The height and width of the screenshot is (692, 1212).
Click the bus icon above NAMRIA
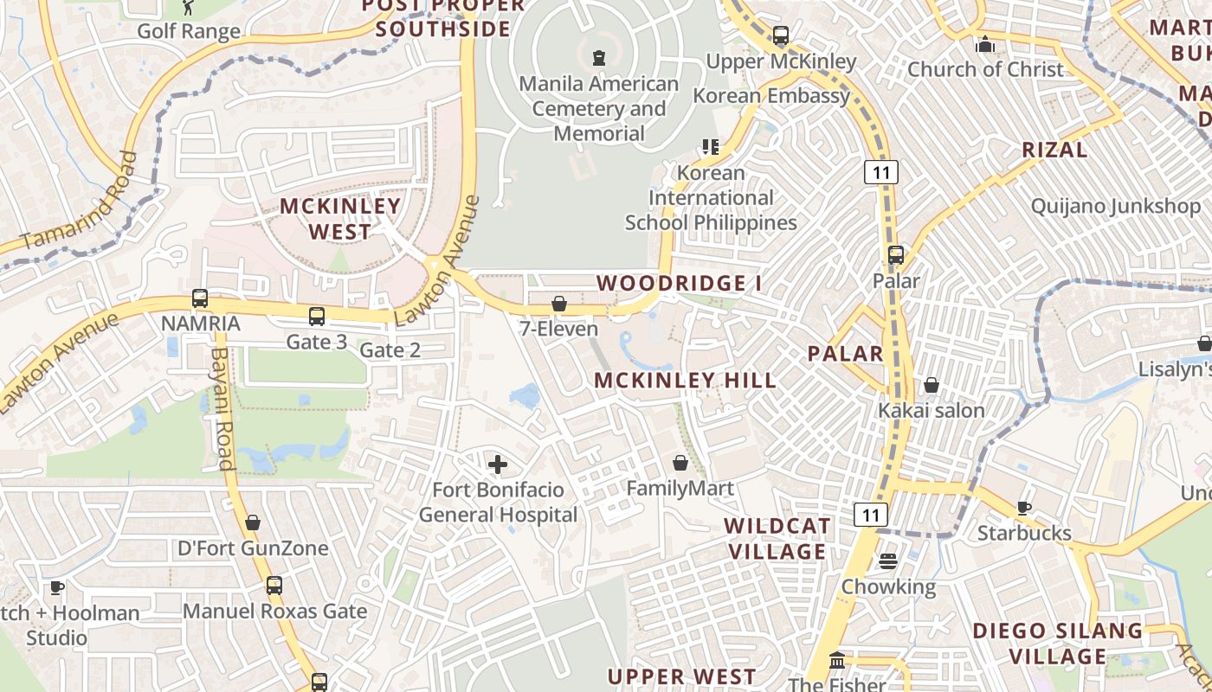point(200,298)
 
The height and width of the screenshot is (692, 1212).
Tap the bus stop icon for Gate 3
point(317,317)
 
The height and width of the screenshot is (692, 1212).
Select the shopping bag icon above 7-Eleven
point(559,304)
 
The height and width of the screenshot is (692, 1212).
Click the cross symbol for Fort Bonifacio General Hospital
point(498,465)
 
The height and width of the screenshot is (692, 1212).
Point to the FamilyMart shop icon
point(680,463)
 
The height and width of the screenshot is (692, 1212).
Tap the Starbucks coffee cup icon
point(1024,508)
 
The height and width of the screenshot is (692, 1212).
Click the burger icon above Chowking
point(888,561)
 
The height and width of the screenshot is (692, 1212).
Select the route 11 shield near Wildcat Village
point(871,516)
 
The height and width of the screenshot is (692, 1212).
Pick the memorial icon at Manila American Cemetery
point(598,58)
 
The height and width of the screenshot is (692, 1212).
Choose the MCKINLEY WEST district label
point(340,219)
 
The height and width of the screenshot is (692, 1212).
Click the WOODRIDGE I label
point(673,283)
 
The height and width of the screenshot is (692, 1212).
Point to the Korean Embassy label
point(771,95)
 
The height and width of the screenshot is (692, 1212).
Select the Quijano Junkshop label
point(1116,206)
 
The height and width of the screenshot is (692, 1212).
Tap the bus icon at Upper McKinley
point(781,36)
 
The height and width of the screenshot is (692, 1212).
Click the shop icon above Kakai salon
point(932,385)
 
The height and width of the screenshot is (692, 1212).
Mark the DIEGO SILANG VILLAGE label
point(1058,643)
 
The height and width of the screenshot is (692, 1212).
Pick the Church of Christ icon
point(985,44)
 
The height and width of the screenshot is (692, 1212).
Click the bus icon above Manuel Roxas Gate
point(274,586)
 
